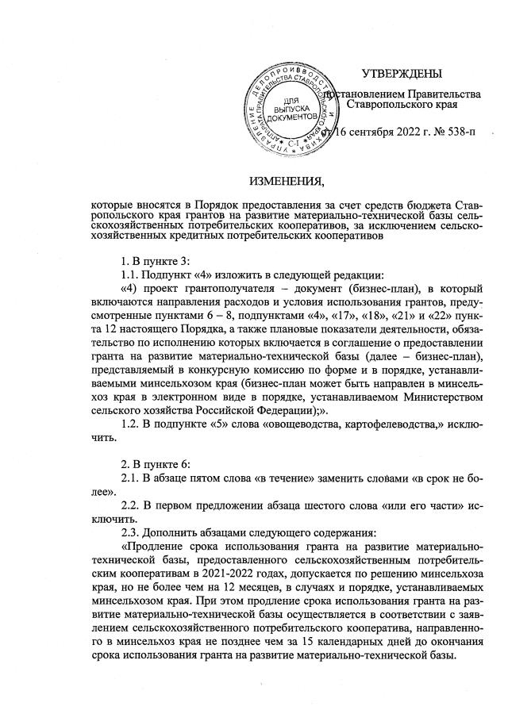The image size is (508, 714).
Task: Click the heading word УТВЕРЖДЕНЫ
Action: pyautogui.click(x=401, y=75)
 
